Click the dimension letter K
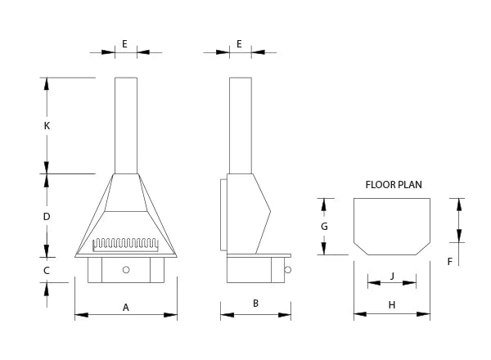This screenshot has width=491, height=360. coord(47,126)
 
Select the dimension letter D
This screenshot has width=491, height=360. coord(47,216)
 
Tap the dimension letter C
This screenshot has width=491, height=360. coord(47,270)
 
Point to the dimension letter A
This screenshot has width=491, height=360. coord(126,307)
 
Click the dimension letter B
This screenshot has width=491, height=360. coord(255,304)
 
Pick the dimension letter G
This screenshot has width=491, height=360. coord(324,226)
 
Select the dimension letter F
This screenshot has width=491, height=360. coord(449,262)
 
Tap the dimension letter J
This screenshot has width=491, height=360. coord(392,276)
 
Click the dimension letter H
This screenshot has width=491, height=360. coord(392,305)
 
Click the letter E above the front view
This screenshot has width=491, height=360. coord(124,43)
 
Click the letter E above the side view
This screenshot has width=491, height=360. coord(239,43)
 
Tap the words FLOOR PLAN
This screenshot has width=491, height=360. coord(394,185)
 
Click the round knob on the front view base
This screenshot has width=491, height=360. coord(126,269)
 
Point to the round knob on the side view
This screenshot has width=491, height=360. coord(288,270)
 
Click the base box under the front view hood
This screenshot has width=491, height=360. coord(126,270)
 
